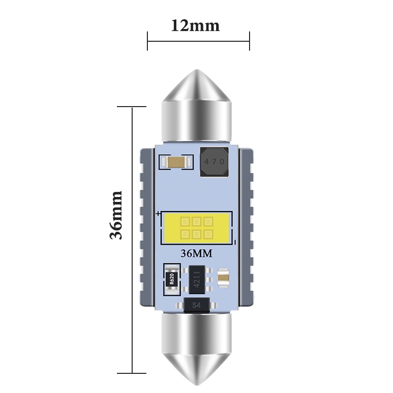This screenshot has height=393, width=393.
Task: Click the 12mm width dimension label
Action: coord(195,25)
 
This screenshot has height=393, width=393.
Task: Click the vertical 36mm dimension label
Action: coord(116,215)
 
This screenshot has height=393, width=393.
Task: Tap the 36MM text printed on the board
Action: coord(196,254)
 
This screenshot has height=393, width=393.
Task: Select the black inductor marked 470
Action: coord(214,162)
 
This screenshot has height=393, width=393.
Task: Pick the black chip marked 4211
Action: coord(196,280)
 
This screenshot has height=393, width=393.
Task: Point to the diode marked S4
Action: coord(196,305)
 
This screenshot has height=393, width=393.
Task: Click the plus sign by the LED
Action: coord(158,214)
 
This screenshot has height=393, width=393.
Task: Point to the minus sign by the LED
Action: coord(236,242)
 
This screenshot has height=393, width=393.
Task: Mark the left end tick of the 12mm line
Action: coord(147,41)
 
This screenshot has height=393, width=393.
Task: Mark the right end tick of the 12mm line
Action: coord(250,41)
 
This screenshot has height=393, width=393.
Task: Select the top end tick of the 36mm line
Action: coord(132,107)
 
